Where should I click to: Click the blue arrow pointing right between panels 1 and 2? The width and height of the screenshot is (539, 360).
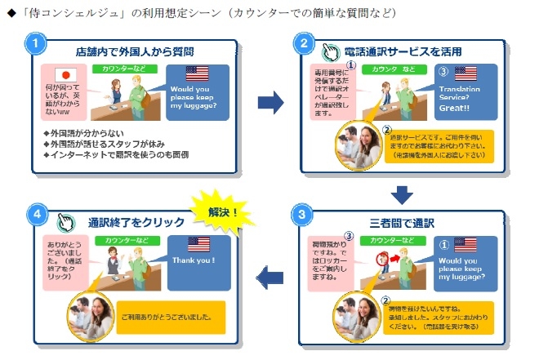pos(270,101)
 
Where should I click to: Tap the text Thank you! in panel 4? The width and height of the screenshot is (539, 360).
pos(194,260)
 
